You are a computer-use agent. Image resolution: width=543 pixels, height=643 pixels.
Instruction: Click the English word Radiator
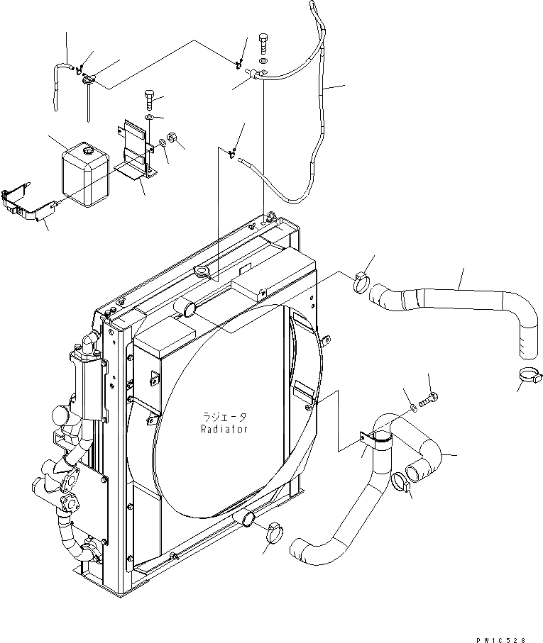(x=224, y=429)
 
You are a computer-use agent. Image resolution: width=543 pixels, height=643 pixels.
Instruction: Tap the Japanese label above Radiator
(x=224, y=418)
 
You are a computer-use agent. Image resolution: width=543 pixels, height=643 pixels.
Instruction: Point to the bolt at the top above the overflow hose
(x=263, y=45)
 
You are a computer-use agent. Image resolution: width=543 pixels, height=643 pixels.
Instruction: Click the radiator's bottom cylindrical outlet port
(x=248, y=520)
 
